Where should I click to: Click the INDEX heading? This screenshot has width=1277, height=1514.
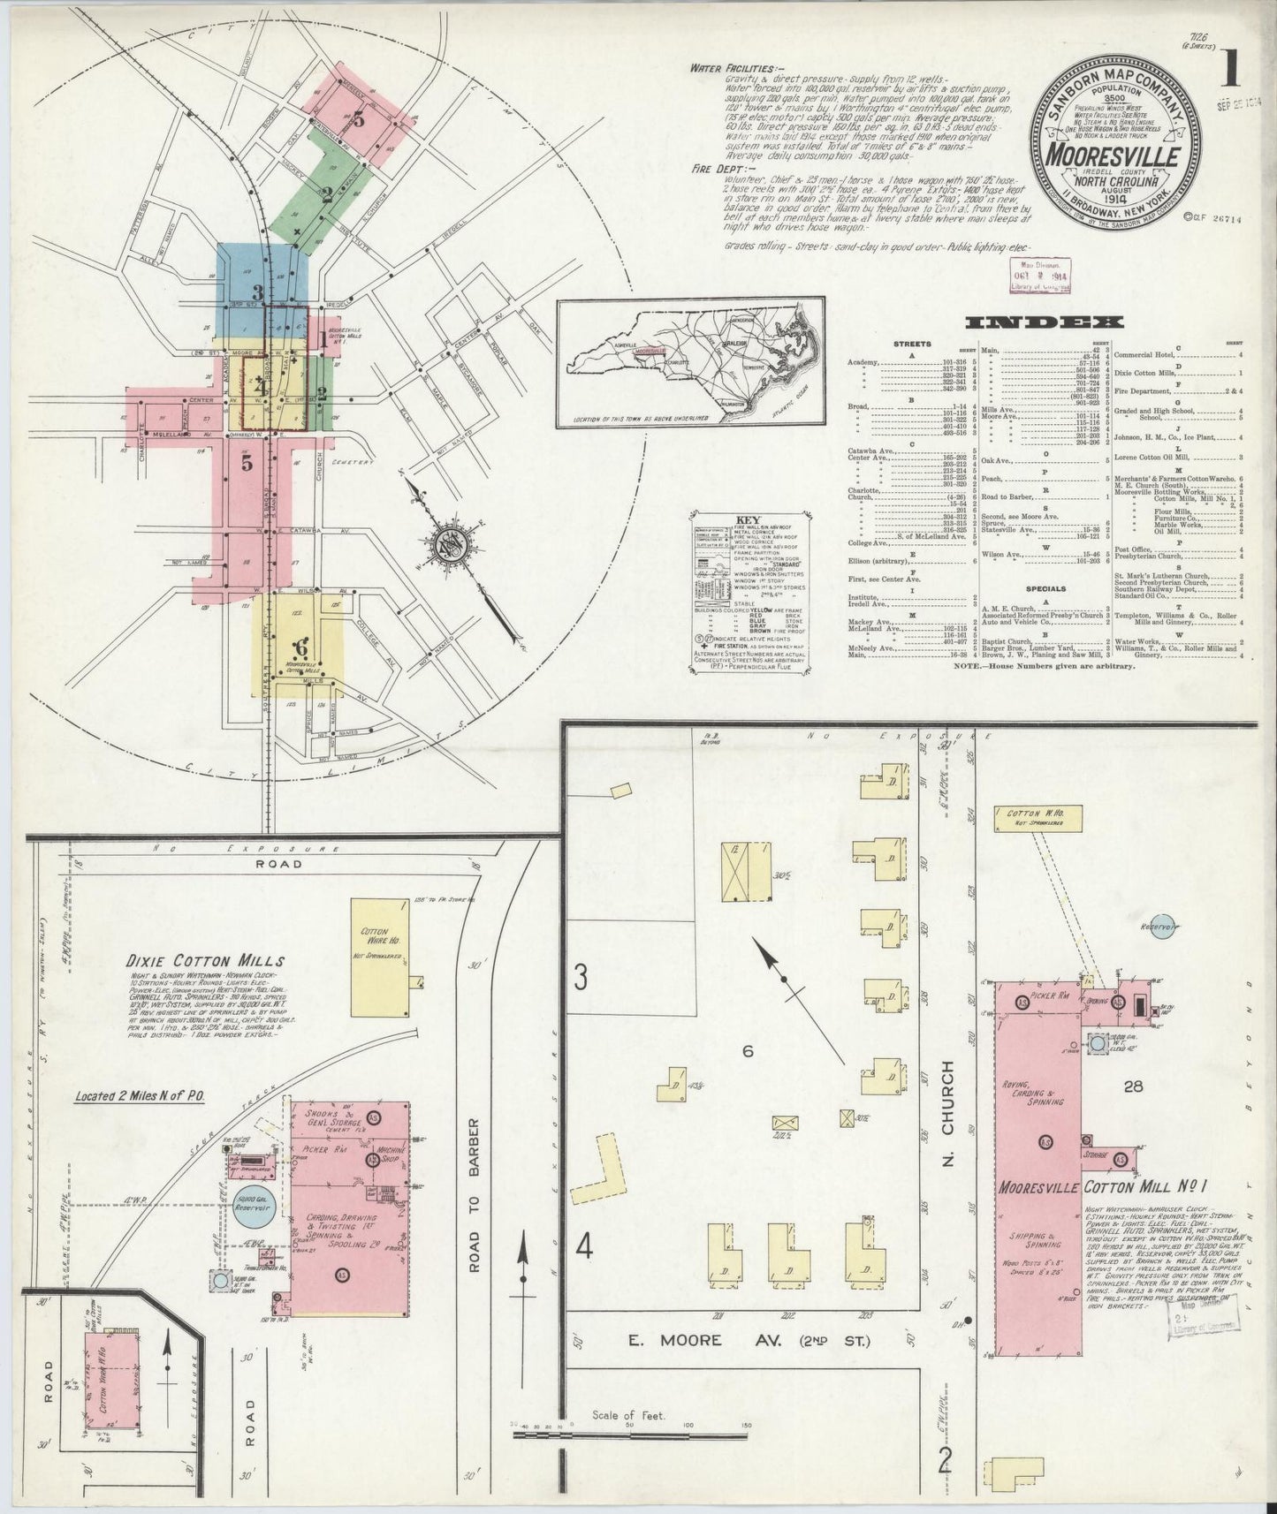click(x=1045, y=322)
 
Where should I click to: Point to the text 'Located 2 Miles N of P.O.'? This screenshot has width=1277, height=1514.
click(x=140, y=1096)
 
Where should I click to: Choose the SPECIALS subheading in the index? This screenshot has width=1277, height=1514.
click(x=1045, y=588)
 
